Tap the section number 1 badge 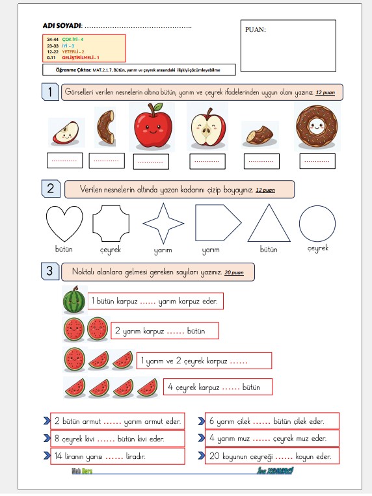click(x=51, y=92)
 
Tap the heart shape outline click(x=64, y=223)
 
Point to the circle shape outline click(x=318, y=223)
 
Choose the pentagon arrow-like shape click(x=215, y=223)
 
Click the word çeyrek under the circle click(x=317, y=249)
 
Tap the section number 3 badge click(x=51, y=270)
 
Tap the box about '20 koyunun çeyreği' click(x=272, y=456)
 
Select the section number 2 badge click(x=51, y=189)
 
